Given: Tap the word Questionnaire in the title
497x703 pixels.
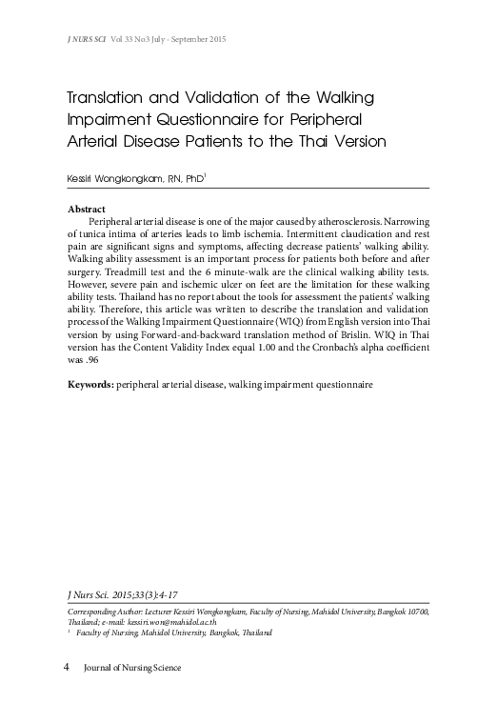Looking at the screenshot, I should click(194, 121).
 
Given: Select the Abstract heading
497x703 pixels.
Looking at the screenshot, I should click(87, 209).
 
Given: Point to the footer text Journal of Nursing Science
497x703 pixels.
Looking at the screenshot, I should click(132, 667).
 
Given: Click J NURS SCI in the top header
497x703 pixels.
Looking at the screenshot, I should click(87, 39).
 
